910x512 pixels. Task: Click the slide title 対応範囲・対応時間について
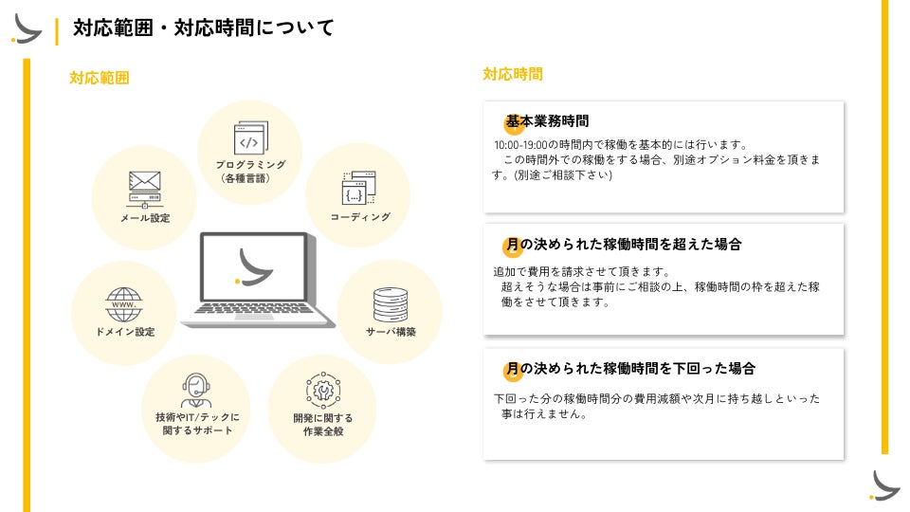point(204,28)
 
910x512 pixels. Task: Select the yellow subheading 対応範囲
point(99,78)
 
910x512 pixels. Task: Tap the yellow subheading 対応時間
point(513,74)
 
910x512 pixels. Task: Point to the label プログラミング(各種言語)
point(250,171)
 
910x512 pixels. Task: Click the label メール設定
point(144,218)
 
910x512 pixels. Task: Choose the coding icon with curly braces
point(358,189)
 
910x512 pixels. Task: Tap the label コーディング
point(359,217)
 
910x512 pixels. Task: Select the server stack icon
point(390,303)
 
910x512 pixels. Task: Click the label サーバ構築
point(391,332)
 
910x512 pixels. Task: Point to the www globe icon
point(123,304)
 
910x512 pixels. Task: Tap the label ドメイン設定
point(124,332)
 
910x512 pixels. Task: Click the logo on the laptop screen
point(254,266)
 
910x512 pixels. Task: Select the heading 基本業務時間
point(547,121)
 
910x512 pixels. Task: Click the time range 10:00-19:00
point(521,145)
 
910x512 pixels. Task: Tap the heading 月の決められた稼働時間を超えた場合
point(623,244)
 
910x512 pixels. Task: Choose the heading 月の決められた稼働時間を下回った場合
point(630,368)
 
